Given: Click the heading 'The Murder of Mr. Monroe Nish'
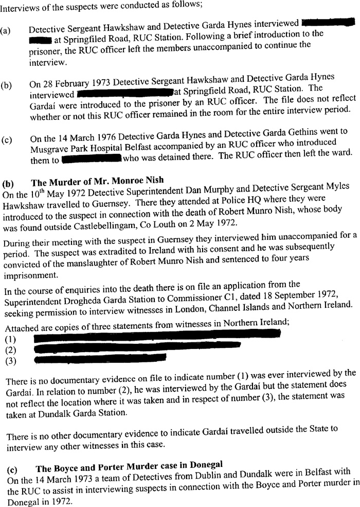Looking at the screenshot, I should point(97,181).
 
